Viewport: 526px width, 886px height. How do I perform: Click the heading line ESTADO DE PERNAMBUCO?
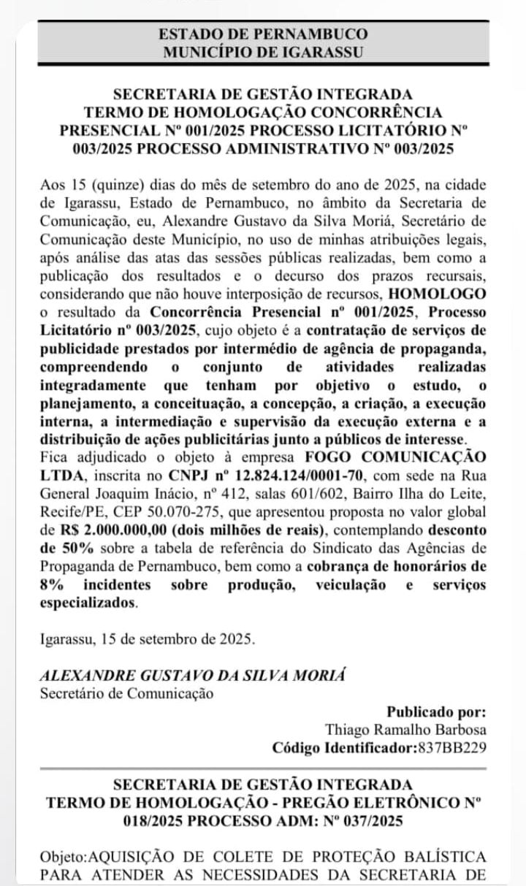(263, 34)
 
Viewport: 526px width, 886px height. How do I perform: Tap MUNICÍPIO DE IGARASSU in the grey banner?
(263, 52)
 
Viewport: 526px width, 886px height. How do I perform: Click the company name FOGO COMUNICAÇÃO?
(416, 457)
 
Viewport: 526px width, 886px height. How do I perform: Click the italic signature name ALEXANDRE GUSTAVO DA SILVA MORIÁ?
(172, 676)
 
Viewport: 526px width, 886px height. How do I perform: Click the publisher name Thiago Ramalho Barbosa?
(405, 730)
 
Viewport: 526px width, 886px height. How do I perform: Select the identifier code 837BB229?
(451, 748)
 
